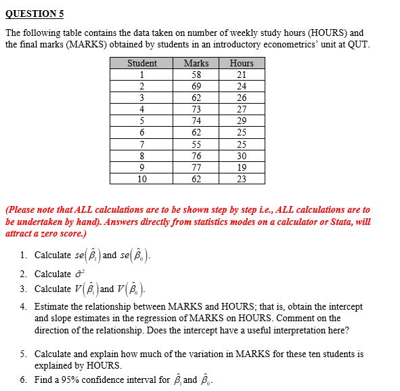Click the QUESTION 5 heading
(35, 13)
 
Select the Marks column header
(196, 63)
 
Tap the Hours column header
(242, 63)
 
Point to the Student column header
(142, 63)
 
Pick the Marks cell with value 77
(196, 167)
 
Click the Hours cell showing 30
(242, 156)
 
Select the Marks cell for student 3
(196, 98)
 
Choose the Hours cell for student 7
(242, 144)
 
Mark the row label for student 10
(142, 179)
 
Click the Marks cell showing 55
(196, 144)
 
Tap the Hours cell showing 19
(242, 167)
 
